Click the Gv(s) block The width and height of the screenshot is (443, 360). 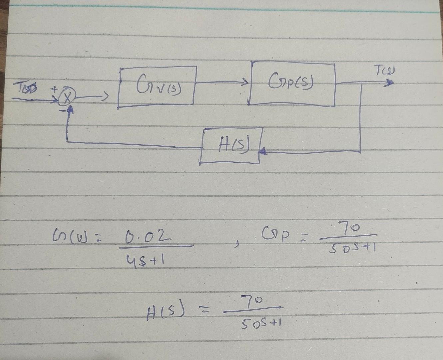click(157, 86)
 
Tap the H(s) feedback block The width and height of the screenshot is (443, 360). click(230, 146)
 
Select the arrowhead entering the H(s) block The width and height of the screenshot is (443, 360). click(263, 152)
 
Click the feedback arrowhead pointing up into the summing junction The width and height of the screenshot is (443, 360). click(70, 113)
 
